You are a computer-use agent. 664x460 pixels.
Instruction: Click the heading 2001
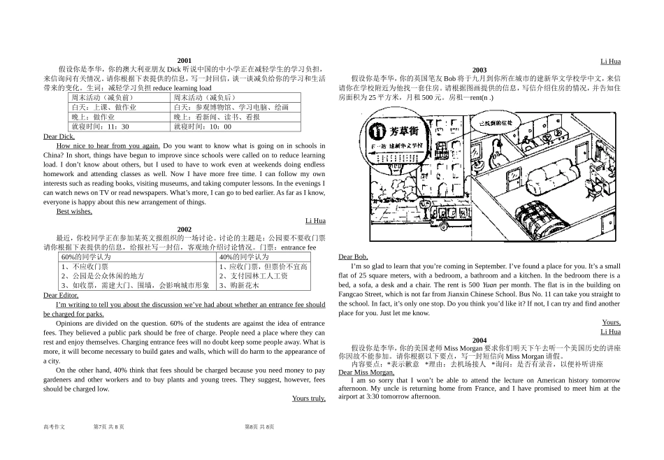(x=185, y=61)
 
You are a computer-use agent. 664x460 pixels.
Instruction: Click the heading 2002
(x=185, y=229)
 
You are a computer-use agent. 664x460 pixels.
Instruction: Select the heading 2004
(x=479, y=340)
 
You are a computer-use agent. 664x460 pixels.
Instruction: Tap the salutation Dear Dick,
(x=59, y=136)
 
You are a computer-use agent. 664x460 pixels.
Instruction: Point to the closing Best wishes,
(x=74, y=211)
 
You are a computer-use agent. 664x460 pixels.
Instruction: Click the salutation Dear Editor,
(x=61, y=295)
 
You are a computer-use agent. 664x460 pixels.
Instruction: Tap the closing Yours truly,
(x=308, y=398)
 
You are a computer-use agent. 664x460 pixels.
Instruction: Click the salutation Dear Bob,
(x=353, y=257)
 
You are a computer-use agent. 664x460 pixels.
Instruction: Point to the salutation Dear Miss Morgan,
(x=366, y=372)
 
